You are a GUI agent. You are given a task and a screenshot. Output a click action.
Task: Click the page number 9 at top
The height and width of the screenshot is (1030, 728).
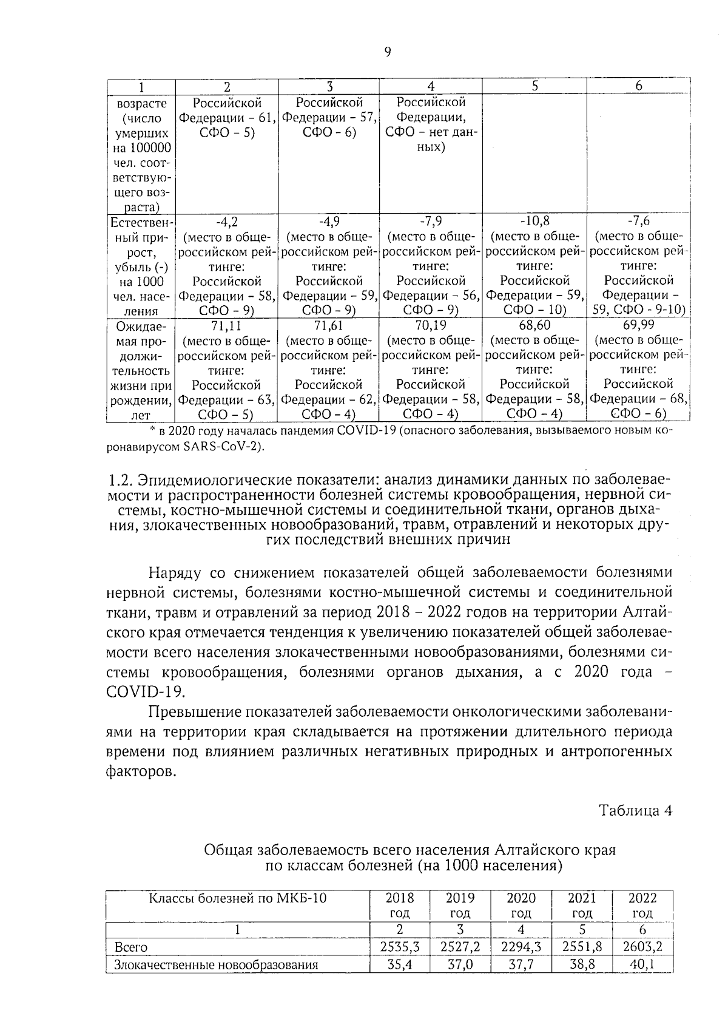[388, 52]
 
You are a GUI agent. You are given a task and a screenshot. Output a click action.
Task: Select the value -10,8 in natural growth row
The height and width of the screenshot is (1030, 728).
[534, 221]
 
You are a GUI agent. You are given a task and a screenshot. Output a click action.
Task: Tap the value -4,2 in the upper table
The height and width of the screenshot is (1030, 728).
[226, 221]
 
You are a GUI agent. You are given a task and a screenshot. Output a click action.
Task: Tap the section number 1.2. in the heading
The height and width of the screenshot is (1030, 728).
[121, 480]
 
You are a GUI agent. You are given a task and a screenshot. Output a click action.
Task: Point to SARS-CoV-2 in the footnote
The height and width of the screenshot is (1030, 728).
[230, 447]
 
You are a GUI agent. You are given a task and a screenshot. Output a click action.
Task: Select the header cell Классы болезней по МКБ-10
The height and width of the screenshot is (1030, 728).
[238, 898]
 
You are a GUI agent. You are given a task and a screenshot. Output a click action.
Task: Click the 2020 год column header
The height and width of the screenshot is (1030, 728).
[521, 905]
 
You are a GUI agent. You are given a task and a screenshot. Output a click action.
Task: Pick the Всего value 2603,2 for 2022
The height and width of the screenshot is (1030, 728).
[642, 946]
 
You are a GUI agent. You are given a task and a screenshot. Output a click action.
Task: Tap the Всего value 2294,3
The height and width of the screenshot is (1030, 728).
[521, 946]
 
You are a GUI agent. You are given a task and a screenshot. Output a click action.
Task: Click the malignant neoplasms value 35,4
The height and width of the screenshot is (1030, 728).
[400, 964]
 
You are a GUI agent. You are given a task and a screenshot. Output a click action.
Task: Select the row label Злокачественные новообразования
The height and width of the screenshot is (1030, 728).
[216, 964]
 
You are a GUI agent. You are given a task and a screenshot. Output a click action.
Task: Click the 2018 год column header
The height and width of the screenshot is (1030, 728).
[400, 905]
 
